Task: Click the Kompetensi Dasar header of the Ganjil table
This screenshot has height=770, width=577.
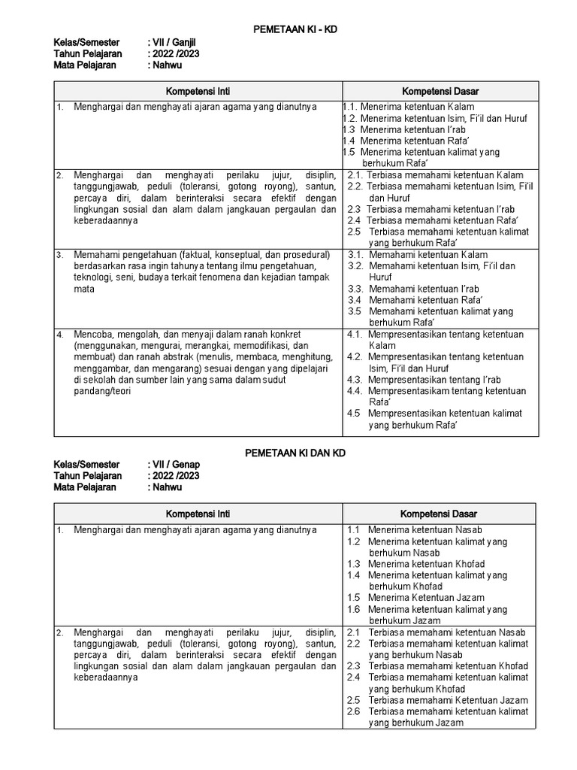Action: pyautogui.click(x=440, y=91)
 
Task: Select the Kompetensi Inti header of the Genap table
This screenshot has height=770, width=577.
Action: pyautogui.click(x=198, y=514)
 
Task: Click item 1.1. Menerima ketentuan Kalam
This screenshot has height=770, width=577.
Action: pyautogui.click(x=409, y=107)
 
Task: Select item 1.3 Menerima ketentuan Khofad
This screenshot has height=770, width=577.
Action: pyautogui.click(x=416, y=564)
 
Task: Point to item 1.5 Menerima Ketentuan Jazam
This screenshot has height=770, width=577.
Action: pyautogui.click(x=415, y=598)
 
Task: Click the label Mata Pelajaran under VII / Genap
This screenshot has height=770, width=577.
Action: pyautogui.click(x=85, y=487)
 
